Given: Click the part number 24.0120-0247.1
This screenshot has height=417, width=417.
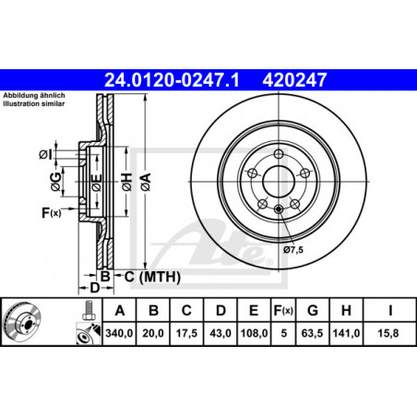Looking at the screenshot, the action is [172, 80].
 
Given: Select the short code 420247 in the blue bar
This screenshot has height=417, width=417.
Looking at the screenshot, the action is [294, 80].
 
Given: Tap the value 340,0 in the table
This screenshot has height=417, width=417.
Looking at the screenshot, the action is [119, 333].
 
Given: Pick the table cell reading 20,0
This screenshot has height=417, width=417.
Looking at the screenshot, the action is [153, 333].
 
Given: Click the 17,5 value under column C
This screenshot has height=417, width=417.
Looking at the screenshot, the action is [186, 333].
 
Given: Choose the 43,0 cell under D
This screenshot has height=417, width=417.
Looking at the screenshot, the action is [220, 333].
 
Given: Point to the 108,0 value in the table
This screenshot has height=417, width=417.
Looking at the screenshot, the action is [254, 333].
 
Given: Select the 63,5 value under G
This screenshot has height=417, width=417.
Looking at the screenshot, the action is [312, 333].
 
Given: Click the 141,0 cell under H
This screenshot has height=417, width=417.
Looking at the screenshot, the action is [346, 333].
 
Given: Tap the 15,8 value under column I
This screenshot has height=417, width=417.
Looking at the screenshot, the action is [388, 333].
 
